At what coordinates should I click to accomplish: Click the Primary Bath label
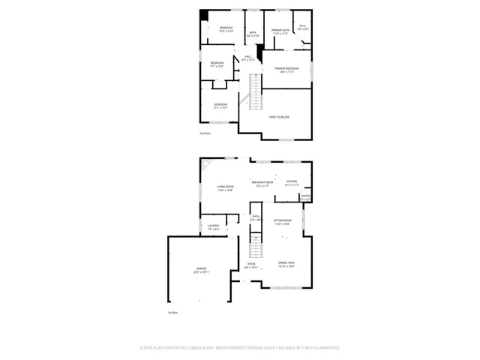(280, 31)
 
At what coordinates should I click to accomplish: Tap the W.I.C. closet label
(302, 28)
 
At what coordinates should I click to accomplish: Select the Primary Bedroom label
(289, 70)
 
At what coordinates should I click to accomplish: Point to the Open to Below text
(279, 117)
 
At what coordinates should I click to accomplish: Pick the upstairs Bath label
(253, 34)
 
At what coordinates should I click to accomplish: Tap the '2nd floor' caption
(205, 133)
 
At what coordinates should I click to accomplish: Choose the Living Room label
(225, 188)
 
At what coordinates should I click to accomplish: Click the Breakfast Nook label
(262, 184)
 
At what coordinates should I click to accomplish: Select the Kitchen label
(292, 182)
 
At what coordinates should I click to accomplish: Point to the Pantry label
(305, 198)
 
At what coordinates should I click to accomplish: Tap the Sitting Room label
(282, 222)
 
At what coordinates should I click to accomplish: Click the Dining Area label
(286, 265)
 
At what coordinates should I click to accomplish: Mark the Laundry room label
(213, 226)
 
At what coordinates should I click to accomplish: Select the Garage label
(202, 270)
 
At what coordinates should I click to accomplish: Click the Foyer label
(250, 265)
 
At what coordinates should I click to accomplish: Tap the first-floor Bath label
(256, 218)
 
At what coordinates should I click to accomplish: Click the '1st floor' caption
(172, 313)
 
